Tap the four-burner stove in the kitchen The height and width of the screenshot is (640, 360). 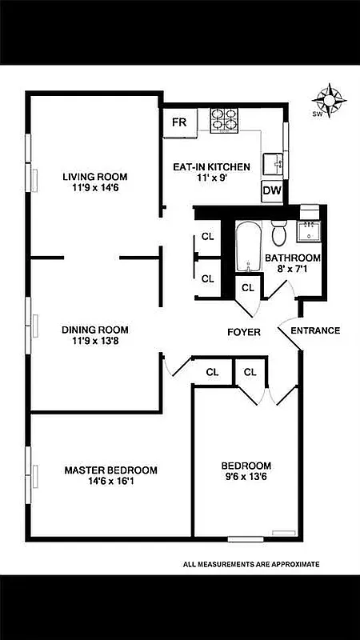click(x=226, y=120)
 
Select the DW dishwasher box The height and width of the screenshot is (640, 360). click(x=271, y=191)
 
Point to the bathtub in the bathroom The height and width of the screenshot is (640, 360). click(x=247, y=249)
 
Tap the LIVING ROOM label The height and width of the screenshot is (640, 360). click(x=95, y=177)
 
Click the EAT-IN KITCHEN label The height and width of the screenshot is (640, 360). click(x=212, y=167)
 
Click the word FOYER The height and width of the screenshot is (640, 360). click(x=244, y=331)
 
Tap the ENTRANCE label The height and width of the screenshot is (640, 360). click(x=315, y=330)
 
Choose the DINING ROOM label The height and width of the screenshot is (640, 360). click(x=95, y=330)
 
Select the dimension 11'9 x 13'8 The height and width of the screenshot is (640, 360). click(x=95, y=341)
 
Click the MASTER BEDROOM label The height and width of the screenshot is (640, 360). click(x=110, y=470)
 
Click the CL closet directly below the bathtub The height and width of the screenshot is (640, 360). click(x=247, y=287)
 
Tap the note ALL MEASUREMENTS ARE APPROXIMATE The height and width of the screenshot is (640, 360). click(x=251, y=564)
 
